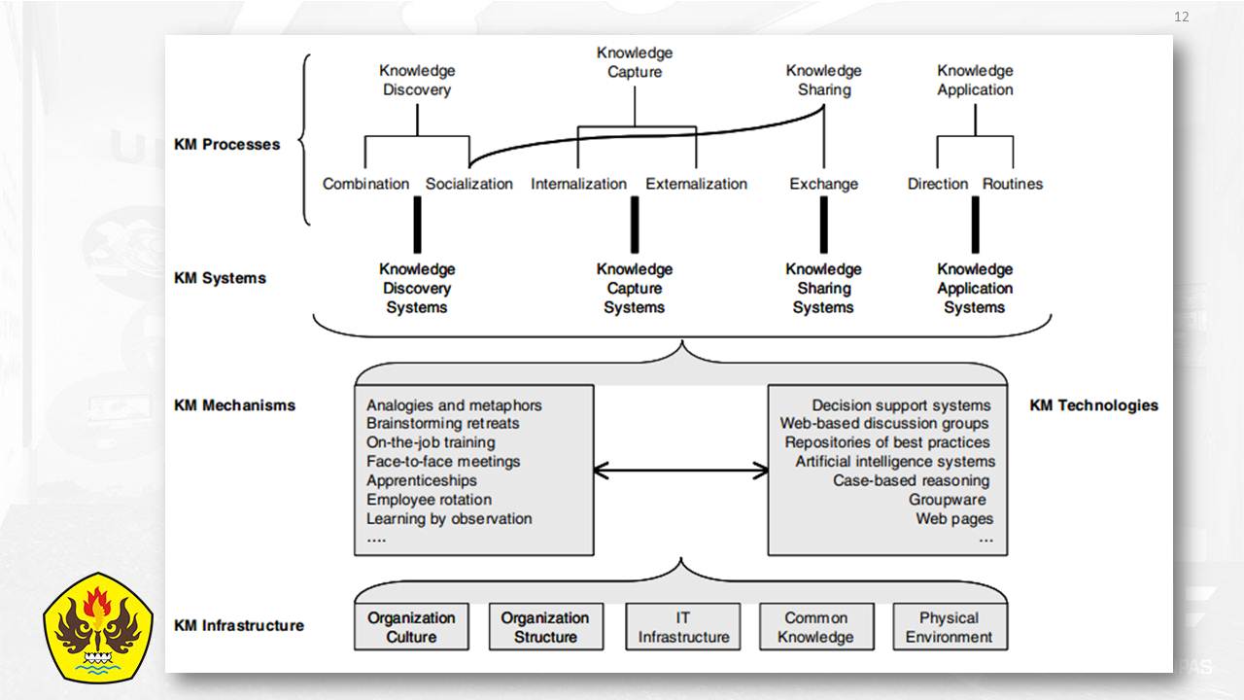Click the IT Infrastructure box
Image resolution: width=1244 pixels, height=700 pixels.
[x=683, y=627]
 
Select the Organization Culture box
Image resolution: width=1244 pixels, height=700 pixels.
[x=411, y=627]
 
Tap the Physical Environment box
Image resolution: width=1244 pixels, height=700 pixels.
[x=950, y=627]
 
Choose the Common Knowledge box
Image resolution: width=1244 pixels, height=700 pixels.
[x=816, y=627]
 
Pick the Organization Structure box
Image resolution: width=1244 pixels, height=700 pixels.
[x=546, y=627]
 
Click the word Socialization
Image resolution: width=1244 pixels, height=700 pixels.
[x=469, y=184]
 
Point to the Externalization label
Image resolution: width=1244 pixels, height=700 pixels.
[x=697, y=184]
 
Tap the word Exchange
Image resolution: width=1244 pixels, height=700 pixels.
[x=823, y=184]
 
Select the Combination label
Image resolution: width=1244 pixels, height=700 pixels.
[x=366, y=184]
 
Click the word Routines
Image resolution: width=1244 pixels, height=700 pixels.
[x=1013, y=184]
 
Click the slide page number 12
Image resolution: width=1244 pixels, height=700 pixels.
[x=1181, y=17]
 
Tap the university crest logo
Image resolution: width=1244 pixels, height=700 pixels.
[x=98, y=627]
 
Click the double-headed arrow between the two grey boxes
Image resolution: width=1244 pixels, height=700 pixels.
[x=681, y=471]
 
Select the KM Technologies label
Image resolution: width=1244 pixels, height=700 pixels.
[x=1093, y=405]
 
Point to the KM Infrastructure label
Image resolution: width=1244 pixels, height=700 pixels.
[x=239, y=625]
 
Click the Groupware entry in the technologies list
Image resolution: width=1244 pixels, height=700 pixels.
[x=948, y=500]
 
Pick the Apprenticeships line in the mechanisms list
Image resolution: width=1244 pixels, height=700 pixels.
[x=422, y=480]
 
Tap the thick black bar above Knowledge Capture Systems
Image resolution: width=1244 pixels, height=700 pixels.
[x=635, y=225]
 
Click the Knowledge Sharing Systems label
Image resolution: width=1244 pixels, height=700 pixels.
[x=823, y=289]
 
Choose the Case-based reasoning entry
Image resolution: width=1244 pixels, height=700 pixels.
[x=912, y=480]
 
